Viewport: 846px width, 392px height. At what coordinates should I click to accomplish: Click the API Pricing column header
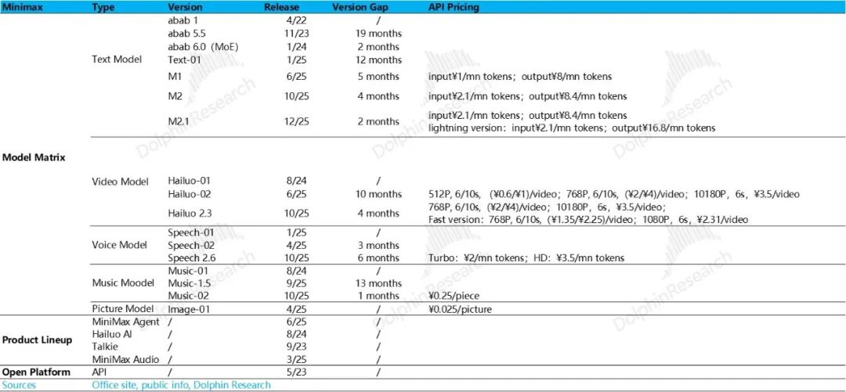[x=454, y=7]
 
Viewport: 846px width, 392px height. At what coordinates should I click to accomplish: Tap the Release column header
[x=281, y=7]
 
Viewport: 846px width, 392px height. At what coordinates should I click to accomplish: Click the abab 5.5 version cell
[x=186, y=34]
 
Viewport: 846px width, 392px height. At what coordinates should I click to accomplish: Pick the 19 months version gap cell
[x=378, y=34]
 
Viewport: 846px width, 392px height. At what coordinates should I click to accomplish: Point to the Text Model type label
[x=117, y=60]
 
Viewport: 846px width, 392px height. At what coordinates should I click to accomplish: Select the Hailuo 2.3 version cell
[x=190, y=213]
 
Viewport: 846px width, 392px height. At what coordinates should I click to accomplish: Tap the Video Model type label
[x=120, y=182]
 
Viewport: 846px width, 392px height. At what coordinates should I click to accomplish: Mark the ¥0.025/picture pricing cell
[x=461, y=309]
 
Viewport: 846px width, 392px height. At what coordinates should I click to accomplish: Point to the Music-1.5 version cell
[x=190, y=283]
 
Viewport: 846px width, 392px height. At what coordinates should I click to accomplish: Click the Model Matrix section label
[x=33, y=157]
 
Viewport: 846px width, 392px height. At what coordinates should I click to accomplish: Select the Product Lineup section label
[x=37, y=340]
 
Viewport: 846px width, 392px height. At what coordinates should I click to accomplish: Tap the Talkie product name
[x=105, y=347]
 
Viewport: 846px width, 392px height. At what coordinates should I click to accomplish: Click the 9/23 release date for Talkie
[x=296, y=347]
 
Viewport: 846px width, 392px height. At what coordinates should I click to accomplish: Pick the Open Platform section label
[x=35, y=372]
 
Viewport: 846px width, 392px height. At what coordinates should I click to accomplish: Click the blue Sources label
[x=18, y=385]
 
